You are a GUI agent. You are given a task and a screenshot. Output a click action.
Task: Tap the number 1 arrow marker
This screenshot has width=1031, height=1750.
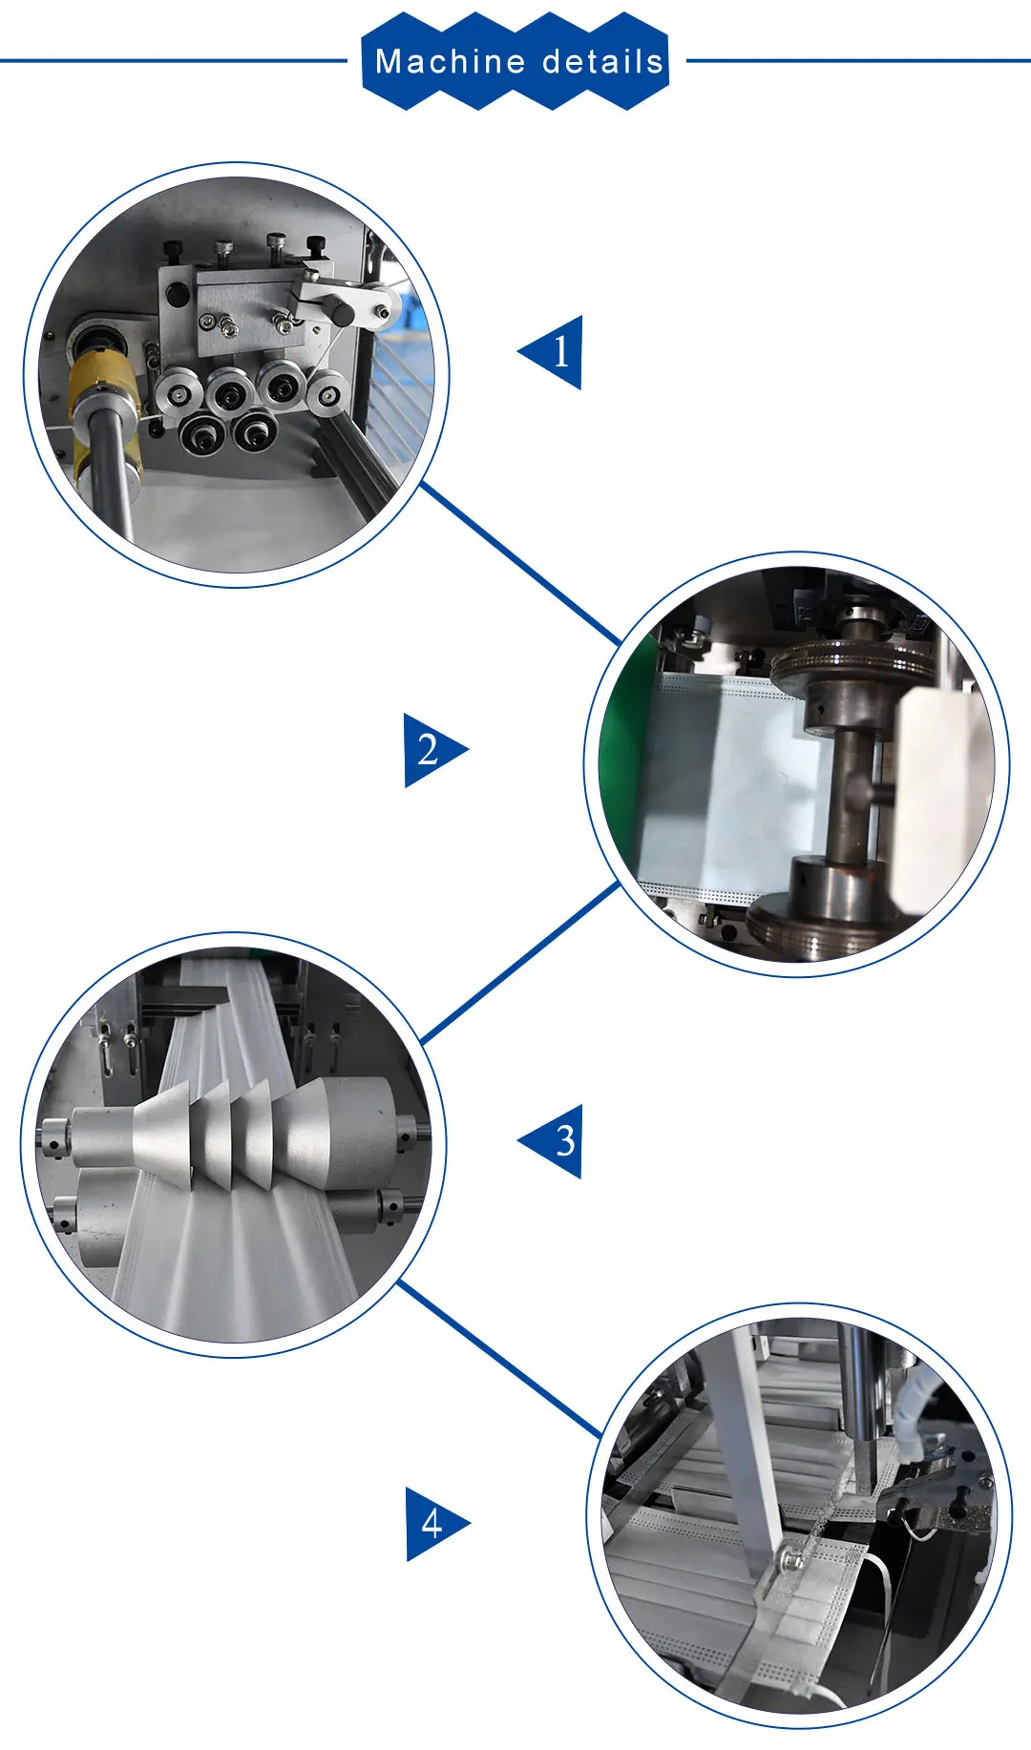tap(551, 352)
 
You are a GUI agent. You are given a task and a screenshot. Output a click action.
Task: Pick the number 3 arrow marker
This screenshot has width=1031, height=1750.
tap(551, 1141)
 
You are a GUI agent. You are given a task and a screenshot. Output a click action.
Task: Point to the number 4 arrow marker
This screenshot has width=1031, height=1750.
tap(436, 1524)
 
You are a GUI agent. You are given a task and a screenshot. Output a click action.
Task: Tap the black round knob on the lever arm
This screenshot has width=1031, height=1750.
tap(341, 309)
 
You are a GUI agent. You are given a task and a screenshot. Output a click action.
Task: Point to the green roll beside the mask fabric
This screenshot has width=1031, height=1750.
tap(625, 763)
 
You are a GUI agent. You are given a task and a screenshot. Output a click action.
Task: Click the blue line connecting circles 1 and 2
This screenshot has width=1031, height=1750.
tap(520, 563)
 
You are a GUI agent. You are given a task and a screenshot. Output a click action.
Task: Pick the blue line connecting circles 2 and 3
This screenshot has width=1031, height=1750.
tap(520, 962)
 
